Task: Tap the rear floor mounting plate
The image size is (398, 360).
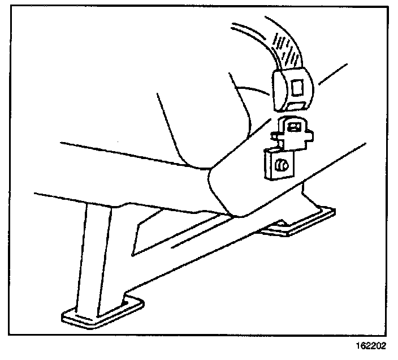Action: (300, 221)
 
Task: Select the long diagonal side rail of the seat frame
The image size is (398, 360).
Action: (237, 238)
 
